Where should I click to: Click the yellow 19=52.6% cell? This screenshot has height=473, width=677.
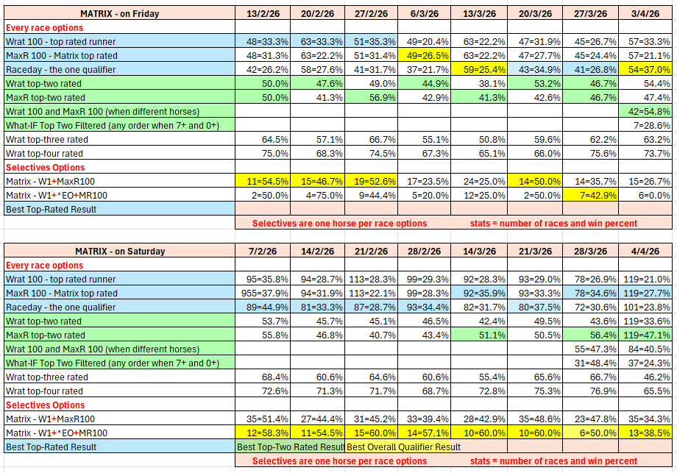click(x=371, y=181)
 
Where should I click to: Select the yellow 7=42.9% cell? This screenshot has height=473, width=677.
click(x=591, y=195)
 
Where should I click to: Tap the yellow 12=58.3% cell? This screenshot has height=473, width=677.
click(x=262, y=433)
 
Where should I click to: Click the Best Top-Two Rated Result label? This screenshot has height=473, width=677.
click(x=290, y=447)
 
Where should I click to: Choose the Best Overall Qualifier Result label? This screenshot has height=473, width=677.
click(x=403, y=447)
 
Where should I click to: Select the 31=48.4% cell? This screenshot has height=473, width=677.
click(x=591, y=363)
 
